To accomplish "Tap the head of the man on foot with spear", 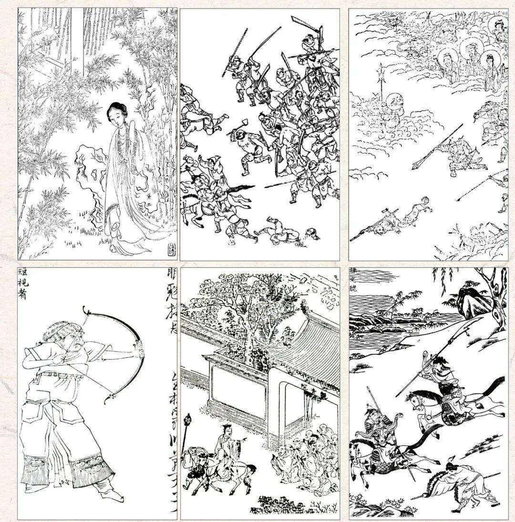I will (x=452, y=464).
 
